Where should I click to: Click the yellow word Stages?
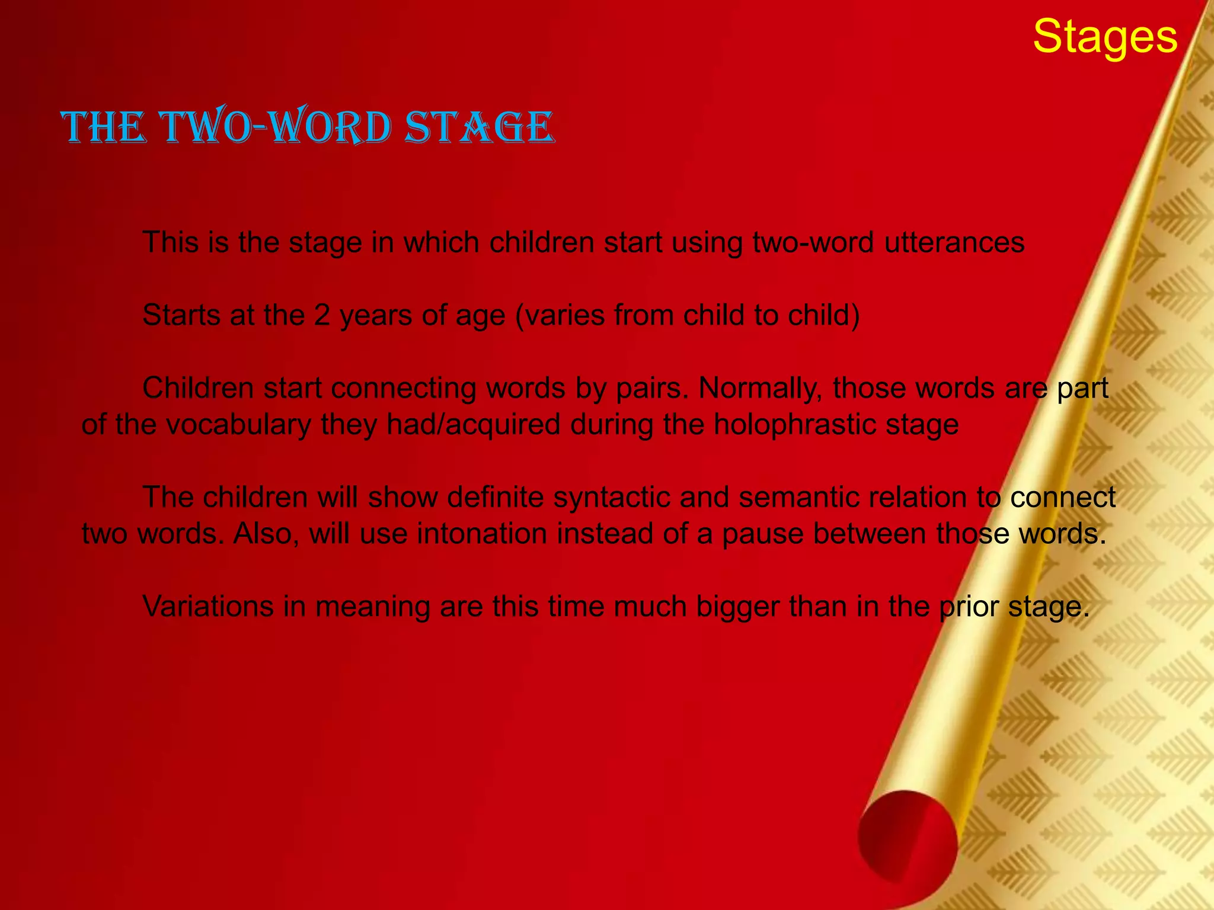1105,37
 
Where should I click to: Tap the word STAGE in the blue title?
479,127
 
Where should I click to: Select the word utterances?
954,242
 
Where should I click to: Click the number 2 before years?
322,315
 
